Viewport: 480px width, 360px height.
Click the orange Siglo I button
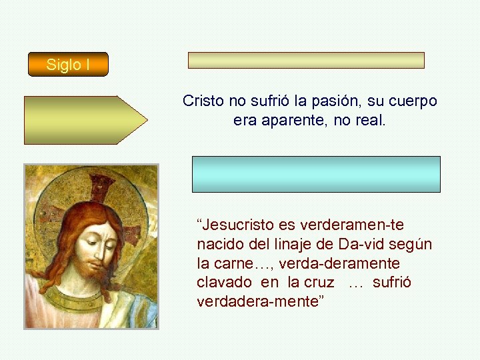click(x=67, y=65)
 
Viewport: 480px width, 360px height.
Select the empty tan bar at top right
click(x=306, y=60)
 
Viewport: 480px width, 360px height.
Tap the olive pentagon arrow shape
click(x=85, y=120)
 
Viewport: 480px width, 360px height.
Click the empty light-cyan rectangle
click(x=316, y=174)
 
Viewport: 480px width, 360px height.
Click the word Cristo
click(x=204, y=101)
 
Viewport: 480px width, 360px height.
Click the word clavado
click(x=224, y=282)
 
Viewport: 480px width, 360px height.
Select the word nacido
click(x=219, y=244)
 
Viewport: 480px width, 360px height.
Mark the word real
click(x=371, y=121)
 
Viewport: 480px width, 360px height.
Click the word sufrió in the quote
click(x=392, y=282)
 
